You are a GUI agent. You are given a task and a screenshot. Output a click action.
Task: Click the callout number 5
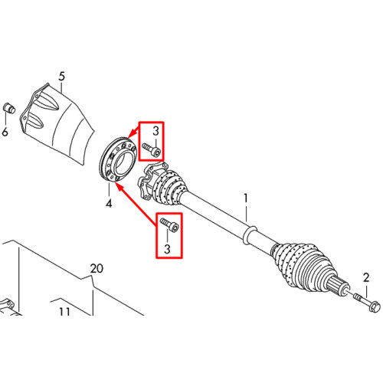(62, 77)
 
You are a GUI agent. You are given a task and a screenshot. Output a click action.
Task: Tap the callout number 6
(5, 132)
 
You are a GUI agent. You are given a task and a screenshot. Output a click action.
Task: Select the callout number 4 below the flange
(109, 204)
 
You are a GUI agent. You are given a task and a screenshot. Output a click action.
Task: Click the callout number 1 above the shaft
(246, 198)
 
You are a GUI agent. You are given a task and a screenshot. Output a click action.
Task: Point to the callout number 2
(366, 278)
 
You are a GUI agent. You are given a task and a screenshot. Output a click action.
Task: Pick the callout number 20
(97, 269)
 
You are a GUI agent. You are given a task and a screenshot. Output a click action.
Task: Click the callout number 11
(64, 312)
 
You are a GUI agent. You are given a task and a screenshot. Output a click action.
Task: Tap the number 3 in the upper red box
(155, 131)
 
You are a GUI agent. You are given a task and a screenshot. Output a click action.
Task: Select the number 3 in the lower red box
(167, 249)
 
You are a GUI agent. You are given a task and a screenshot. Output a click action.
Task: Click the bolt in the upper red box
(152, 150)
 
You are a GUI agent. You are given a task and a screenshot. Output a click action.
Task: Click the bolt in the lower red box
(169, 225)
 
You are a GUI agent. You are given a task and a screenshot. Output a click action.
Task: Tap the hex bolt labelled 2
(367, 303)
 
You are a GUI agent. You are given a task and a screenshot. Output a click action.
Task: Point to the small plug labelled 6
(9, 108)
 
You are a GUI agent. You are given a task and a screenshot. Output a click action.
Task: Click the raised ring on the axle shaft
(249, 234)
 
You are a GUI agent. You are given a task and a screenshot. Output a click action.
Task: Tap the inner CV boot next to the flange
(170, 187)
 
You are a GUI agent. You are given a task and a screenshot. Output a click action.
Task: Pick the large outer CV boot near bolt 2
(304, 266)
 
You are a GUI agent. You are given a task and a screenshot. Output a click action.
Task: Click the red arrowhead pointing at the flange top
(132, 135)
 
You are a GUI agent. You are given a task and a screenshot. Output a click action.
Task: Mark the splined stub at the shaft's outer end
(338, 286)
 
